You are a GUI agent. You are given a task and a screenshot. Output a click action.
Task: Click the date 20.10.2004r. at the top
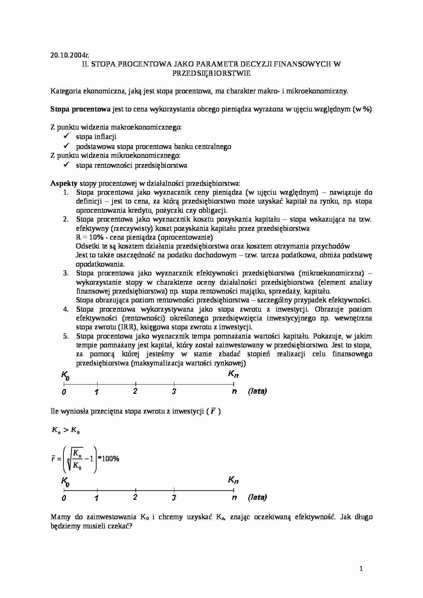(70, 55)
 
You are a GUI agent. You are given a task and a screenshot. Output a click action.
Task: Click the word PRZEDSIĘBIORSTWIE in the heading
(211, 73)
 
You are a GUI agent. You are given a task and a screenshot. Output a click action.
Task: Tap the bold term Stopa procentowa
(81, 109)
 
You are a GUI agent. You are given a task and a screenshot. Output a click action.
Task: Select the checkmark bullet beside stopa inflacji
(67, 136)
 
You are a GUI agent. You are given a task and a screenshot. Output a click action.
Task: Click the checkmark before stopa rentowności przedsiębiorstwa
(67, 165)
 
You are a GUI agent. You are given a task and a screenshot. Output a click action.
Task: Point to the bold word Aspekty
(64, 183)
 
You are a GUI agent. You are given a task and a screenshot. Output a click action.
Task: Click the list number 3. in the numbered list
(66, 273)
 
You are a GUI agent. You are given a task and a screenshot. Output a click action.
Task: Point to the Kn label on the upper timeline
(233, 374)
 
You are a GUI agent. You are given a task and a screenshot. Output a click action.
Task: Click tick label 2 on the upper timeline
(135, 391)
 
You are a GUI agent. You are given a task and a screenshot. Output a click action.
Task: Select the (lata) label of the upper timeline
(257, 391)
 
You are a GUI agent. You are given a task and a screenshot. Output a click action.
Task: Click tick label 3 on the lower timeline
(174, 498)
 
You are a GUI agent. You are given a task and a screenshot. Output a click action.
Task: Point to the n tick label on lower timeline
(234, 497)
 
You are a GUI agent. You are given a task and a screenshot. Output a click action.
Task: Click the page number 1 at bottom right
(361, 568)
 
